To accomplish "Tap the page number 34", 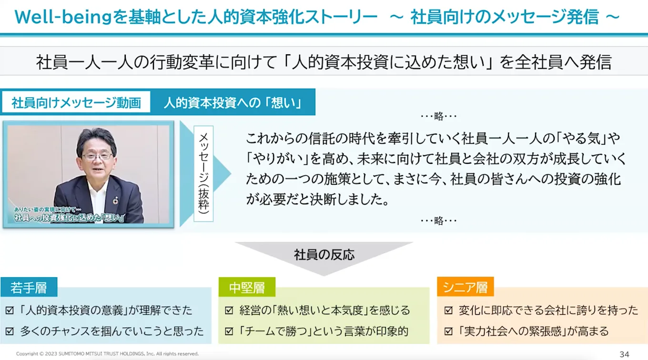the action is click(624, 354).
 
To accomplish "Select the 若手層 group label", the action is click(29, 288).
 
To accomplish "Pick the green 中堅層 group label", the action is click(246, 288).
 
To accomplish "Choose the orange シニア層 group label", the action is click(465, 288).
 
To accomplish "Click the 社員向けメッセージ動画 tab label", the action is click(76, 103).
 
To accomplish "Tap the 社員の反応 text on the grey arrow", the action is click(324, 254).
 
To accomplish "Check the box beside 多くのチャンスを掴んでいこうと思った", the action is click(10, 331).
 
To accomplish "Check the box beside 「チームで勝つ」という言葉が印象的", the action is click(229, 331).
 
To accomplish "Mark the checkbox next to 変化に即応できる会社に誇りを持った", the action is click(448, 310).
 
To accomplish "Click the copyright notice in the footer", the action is click(107, 354).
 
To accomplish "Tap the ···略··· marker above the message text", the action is click(438, 116).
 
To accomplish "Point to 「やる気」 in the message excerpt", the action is click(584, 139).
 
